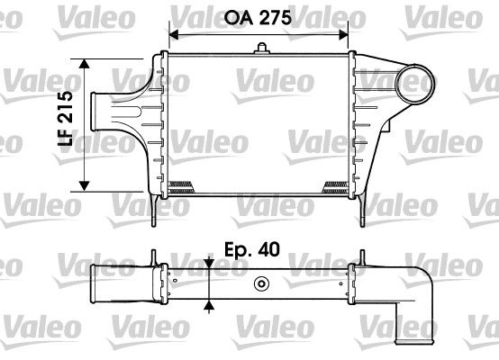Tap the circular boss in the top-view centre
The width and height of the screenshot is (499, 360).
pyautogui.click(x=262, y=286)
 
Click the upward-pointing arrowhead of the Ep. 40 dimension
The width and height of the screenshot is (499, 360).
pyautogui.click(x=209, y=305)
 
